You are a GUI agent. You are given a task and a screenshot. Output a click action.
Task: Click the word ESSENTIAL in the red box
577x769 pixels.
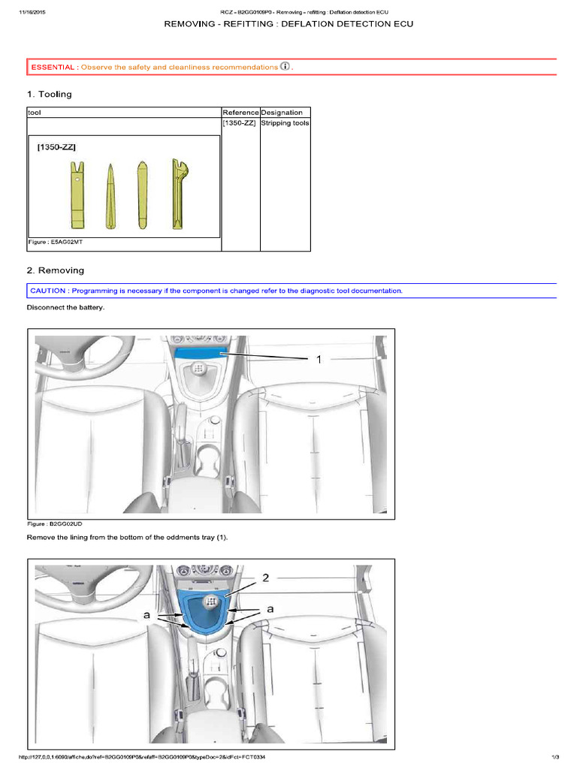53,68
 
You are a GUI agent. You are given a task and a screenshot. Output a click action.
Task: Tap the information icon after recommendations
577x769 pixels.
285,67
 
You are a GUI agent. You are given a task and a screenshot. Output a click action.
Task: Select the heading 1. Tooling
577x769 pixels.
50,95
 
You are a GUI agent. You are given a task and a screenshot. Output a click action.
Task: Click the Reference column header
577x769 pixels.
240,113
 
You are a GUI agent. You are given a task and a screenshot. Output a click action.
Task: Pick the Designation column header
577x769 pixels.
282,113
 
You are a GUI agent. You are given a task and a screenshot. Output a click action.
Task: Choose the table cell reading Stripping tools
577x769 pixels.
285,123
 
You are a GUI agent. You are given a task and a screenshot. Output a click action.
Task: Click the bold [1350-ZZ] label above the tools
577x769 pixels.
56,149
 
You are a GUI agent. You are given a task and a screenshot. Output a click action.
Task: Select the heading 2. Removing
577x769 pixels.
56,270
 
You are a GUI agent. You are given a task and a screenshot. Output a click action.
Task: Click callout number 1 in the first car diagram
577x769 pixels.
319,360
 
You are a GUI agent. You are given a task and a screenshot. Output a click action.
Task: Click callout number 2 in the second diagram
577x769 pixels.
265,578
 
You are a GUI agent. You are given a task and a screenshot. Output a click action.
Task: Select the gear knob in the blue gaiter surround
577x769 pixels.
212,601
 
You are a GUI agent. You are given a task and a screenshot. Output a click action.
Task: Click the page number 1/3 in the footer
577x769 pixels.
555,757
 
